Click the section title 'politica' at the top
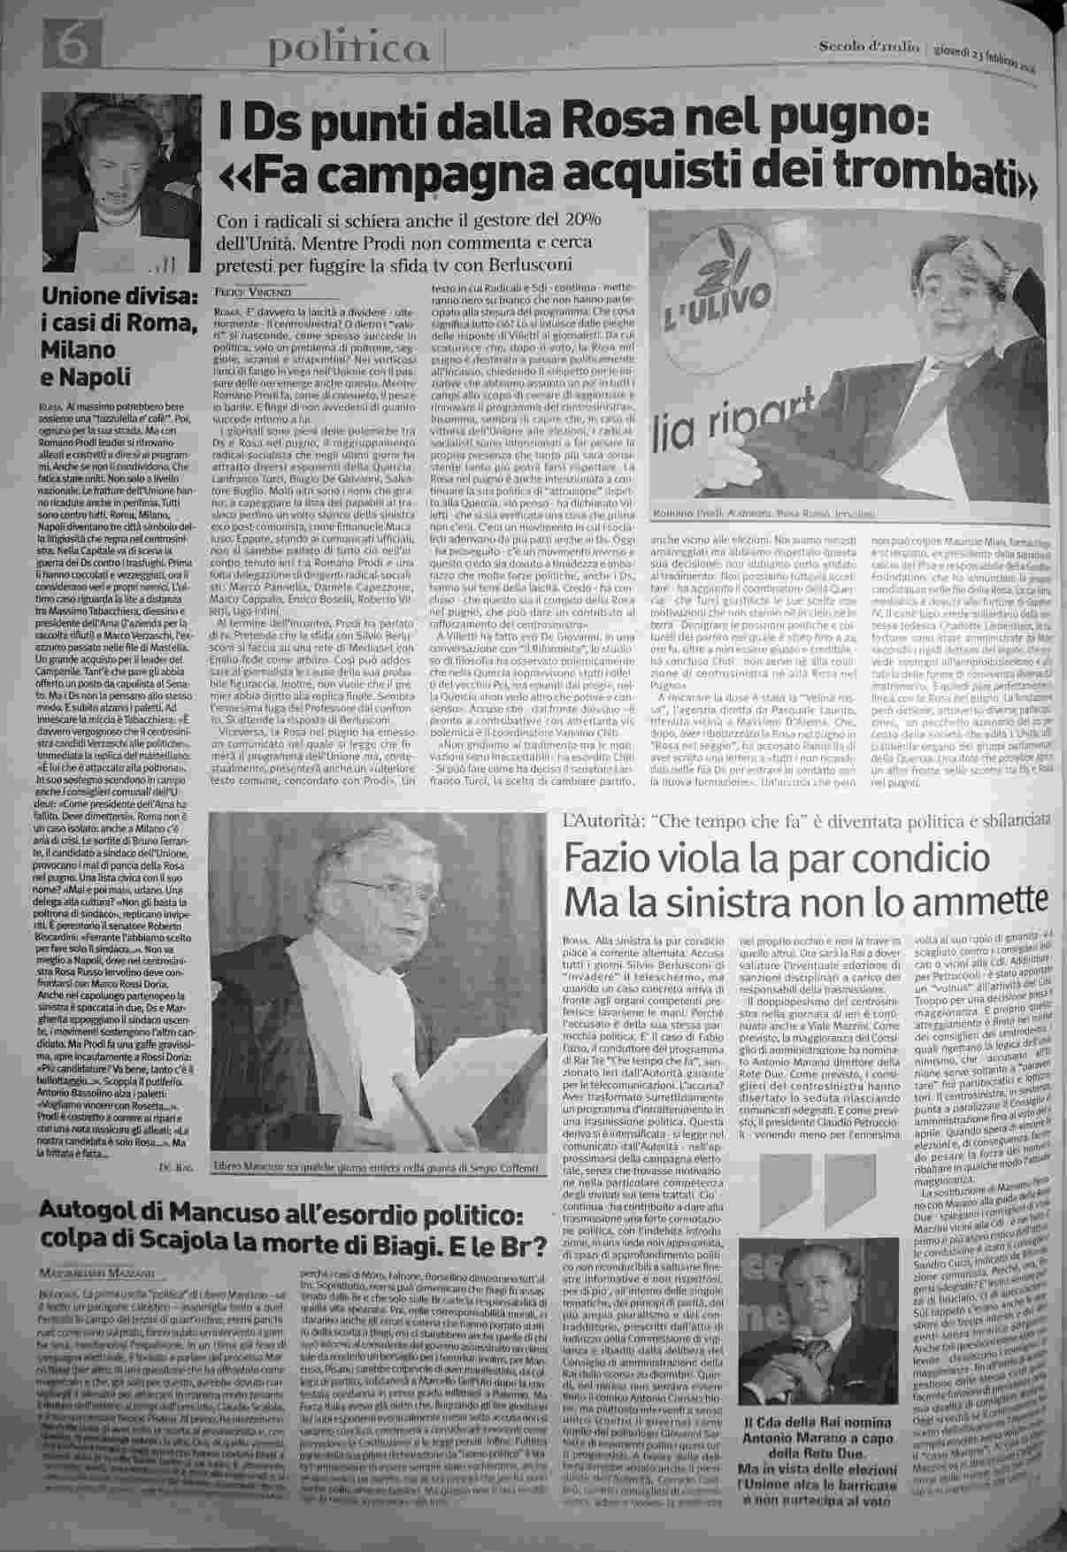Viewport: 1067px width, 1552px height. click(351, 47)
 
